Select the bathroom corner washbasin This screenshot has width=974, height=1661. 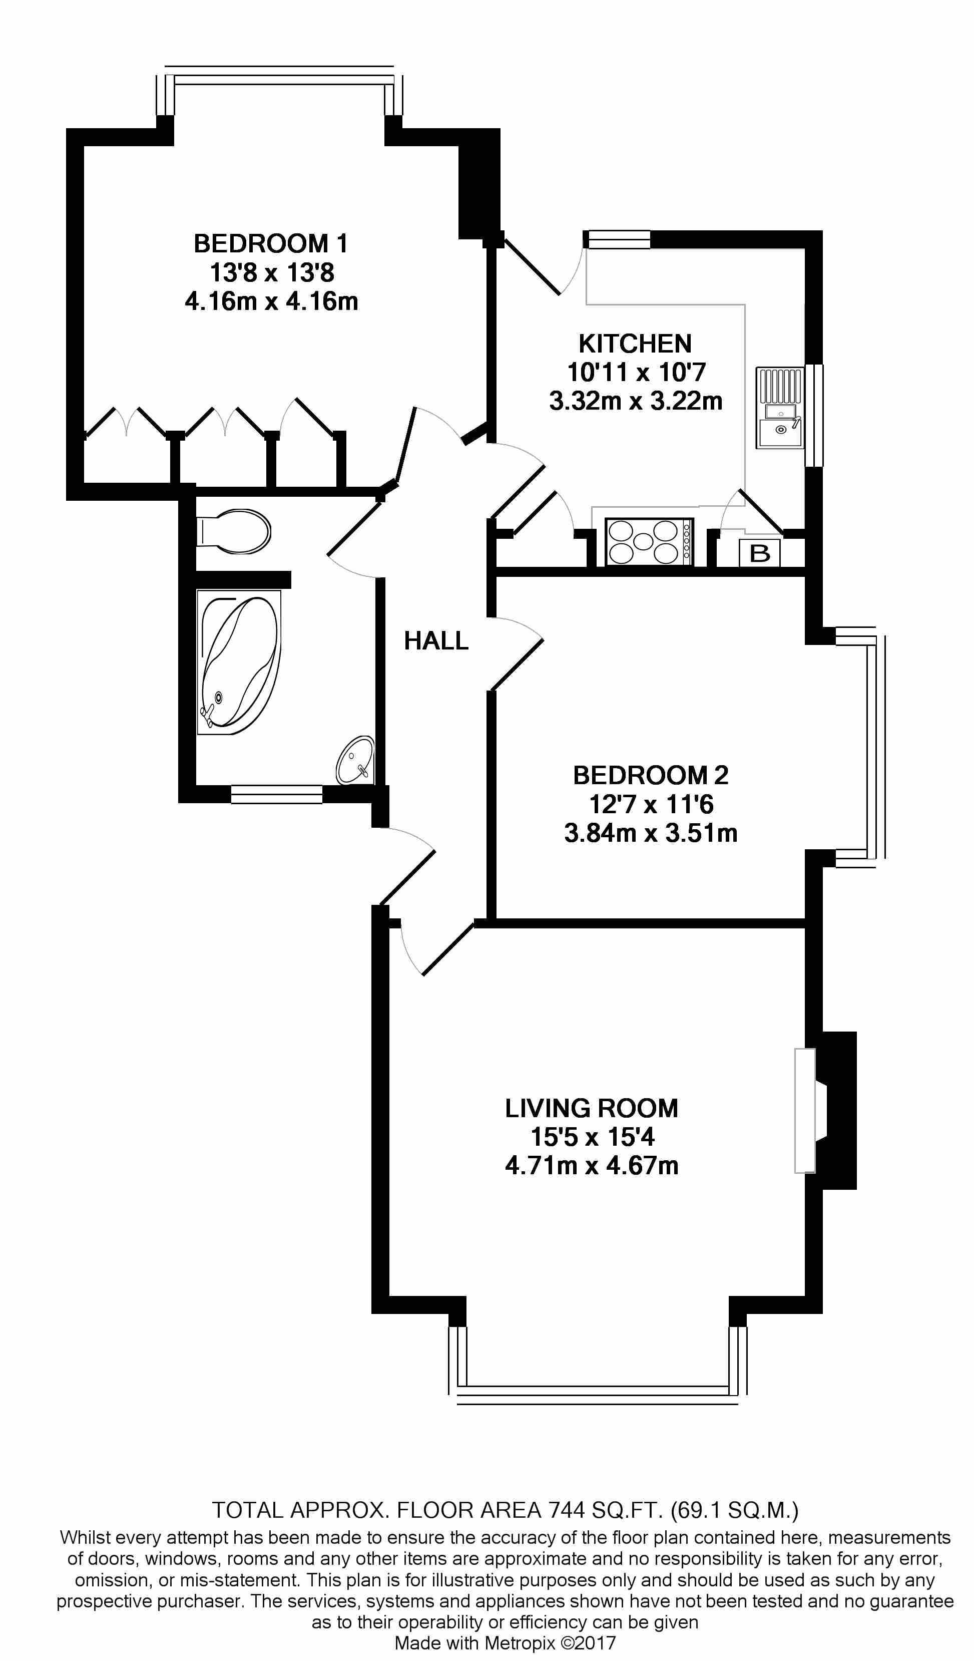356,761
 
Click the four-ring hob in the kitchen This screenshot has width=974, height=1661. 649,542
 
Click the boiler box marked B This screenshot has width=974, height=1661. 760,553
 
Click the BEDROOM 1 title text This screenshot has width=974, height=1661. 270,244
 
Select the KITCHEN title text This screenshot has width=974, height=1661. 635,344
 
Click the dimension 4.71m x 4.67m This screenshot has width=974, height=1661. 591,1184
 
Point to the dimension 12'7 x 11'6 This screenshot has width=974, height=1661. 651,805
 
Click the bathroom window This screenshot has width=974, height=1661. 277,794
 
